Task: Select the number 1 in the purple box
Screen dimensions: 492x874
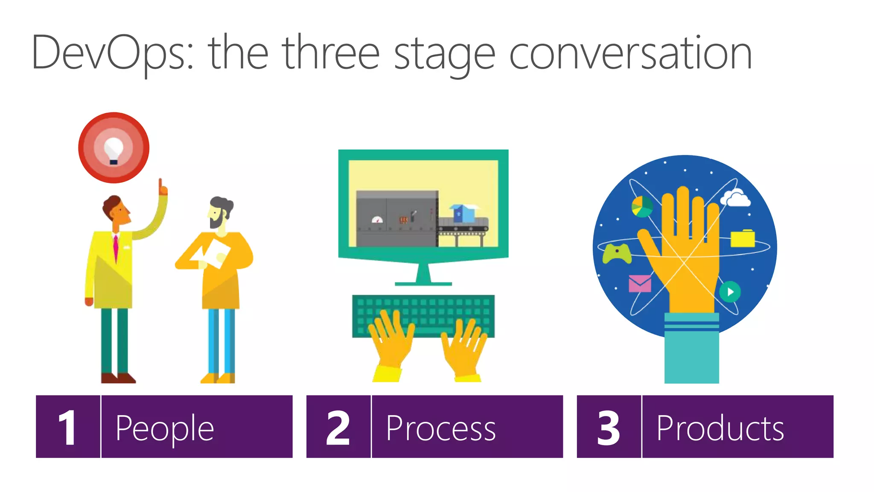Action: (68, 428)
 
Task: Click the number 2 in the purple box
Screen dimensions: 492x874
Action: (338, 428)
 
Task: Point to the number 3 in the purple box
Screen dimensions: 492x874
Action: (609, 428)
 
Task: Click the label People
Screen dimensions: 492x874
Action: (165, 428)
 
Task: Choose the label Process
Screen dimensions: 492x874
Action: (441, 428)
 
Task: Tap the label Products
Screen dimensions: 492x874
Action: (720, 428)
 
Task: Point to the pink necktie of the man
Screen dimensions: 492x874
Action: (115, 248)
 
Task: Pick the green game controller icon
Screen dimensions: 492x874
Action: (617, 253)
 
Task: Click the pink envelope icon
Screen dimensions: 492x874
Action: (640, 283)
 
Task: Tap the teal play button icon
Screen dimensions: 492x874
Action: (730, 292)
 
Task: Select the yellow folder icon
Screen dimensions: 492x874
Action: (743, 238)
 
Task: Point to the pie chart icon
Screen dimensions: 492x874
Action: (642, 206)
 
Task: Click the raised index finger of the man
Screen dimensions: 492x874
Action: (161, 186)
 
